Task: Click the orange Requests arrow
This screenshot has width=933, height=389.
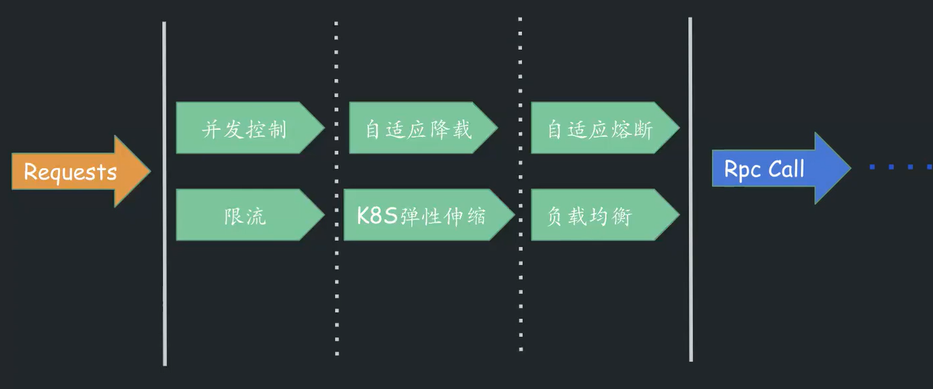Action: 75,171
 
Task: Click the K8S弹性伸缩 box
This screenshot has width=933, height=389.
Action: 423,215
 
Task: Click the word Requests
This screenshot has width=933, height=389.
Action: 70,172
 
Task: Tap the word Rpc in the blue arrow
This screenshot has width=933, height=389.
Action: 742,169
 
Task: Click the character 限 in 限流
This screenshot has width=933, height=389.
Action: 233,216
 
